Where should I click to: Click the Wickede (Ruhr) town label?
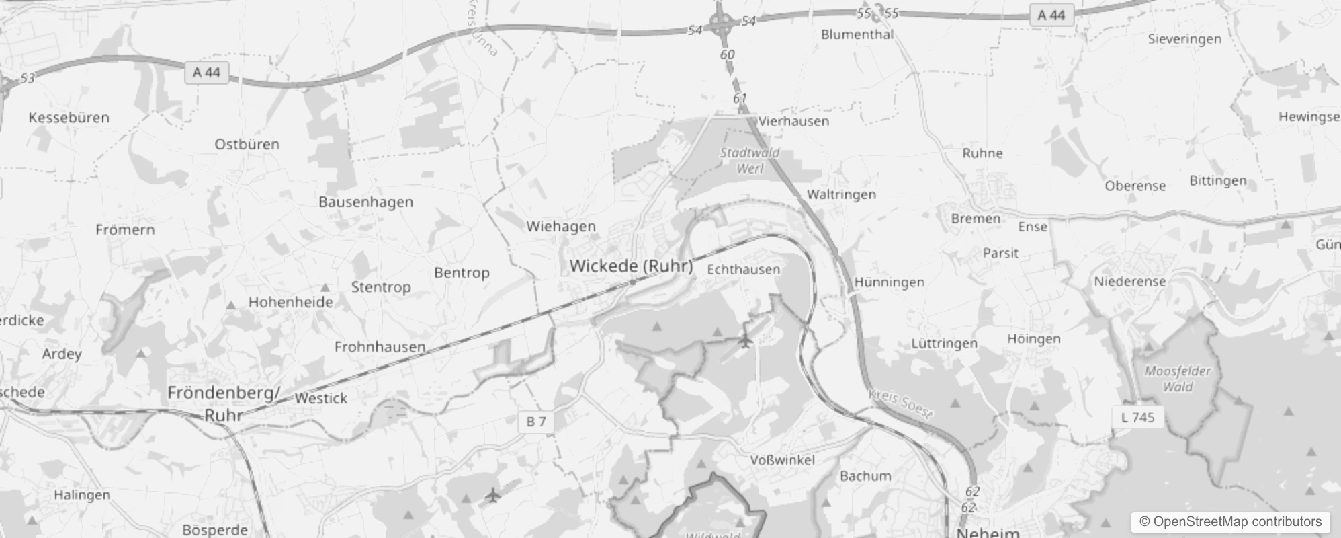[631, 266]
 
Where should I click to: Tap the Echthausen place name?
[744, 269]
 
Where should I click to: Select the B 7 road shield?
[535, 422]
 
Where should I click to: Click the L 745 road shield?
[1138, 417]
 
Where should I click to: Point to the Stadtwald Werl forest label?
[750, 161]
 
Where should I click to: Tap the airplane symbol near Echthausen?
[744, 341]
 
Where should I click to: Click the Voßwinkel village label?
[782, 460]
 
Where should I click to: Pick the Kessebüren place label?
[69, 118]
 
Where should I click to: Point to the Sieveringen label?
[1184, 39]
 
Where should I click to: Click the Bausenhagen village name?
[365, 202]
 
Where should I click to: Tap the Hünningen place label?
[889, 282]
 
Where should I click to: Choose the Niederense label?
[1129, 282]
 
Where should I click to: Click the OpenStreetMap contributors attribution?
[1230, 522]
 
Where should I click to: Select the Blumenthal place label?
[857, 34]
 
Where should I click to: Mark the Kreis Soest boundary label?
[900, 403]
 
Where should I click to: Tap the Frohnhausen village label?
[380, 347]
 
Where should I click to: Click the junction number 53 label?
[27, 79]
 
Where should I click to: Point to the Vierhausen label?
[793, 122]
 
